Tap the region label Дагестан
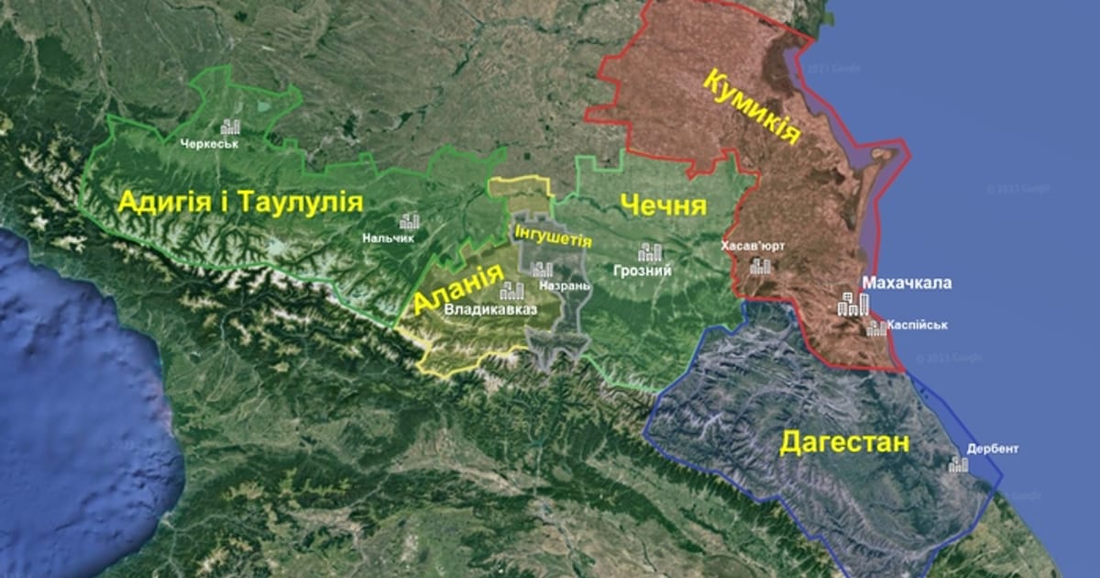pyautogui.click(x=844, y=443)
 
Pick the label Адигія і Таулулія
pyautogui.click(x=240, y=204)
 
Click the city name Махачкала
pyautogui.click(x=906, y=283)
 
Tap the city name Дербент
pyautogui.click(x=992, y=450)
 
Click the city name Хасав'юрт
pyautogui.click(x=753, y=246)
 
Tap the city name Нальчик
pyautogui.click(x=388, y=238)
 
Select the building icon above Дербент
pyautogui.click(x=958, y=464)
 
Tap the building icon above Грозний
pyautogui.click(x=651, y=252)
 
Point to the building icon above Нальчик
pyautogui.click(x=409, y=221)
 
